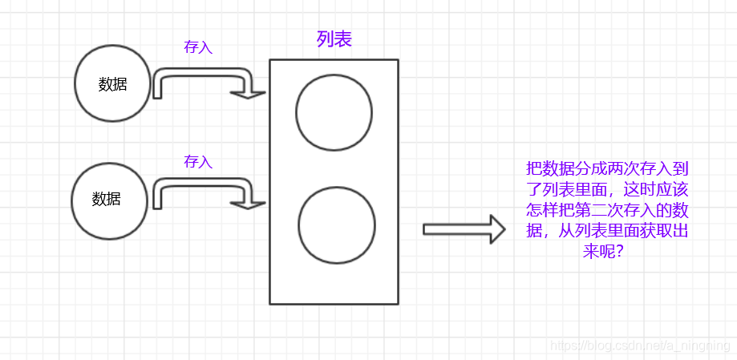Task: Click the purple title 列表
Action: tap(334, 39)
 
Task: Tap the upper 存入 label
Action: tap(198, 47)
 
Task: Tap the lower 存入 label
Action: tap(198, 161)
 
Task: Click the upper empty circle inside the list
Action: tap(334, 112)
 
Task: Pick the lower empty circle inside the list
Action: tap(337, 224)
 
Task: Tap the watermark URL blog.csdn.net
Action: tap(634, 346)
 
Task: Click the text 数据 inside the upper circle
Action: tap(112, 84)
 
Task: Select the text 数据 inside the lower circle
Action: tap(106, 199)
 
